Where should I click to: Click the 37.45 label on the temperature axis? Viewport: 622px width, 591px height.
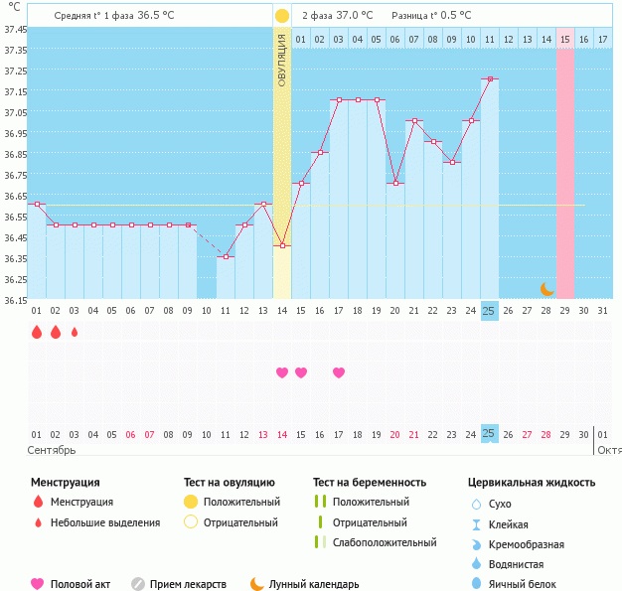pos(15,30)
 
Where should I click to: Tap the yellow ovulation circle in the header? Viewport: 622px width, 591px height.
pos(282,16)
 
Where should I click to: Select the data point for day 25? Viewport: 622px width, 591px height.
pos(489,78)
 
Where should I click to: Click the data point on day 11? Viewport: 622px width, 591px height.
pos(226,256)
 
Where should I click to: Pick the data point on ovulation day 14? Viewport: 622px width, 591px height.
pos(282,245)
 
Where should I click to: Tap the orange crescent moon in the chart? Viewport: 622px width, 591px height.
pos(546,288)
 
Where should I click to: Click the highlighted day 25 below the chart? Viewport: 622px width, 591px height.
pos(489,433)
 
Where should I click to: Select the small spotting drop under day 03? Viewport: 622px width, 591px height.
pos(74,333)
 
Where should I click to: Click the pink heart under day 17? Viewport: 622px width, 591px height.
pos(339,372)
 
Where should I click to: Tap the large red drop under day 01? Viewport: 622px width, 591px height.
pos(37,333)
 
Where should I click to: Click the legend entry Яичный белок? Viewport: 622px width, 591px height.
pos(530,585)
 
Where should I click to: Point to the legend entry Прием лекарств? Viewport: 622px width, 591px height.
pos(188,585)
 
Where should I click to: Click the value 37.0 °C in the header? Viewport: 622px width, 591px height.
pos(353,16)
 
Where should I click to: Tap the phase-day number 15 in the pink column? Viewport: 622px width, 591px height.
pos(564,39)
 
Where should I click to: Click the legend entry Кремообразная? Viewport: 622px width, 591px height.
pos(534,544)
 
